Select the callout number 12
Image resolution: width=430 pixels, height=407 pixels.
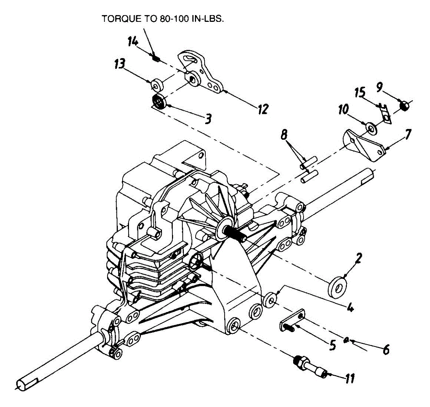point(263,109)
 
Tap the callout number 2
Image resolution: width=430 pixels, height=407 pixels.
point(359,258)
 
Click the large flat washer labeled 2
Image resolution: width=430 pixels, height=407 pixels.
point(337,286)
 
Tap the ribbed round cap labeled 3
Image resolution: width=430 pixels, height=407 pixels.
point(158,101)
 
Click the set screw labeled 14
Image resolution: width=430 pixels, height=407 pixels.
point(156,57)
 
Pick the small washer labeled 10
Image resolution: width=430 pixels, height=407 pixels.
point(370,128)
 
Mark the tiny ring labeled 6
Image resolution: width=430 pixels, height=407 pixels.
point(347,340)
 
